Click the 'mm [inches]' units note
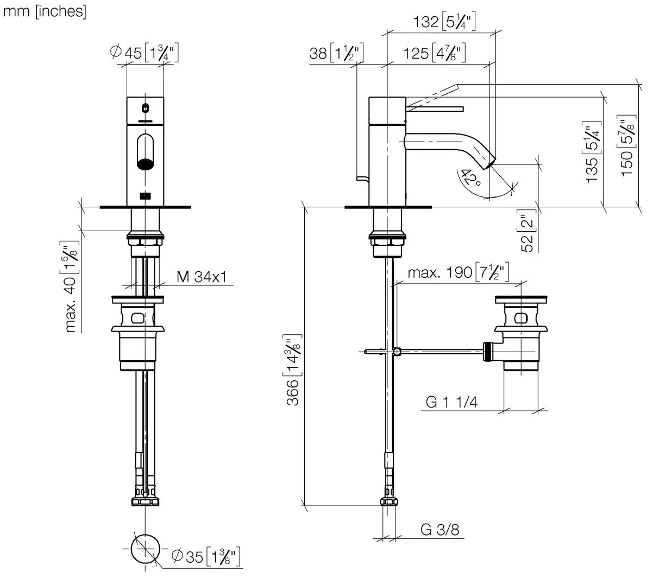45,11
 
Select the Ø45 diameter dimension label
144,53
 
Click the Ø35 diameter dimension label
206,556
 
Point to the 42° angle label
470,177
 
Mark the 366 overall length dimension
293,371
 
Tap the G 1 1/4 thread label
452,402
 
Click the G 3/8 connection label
439,529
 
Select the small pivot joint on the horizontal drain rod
398,352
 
